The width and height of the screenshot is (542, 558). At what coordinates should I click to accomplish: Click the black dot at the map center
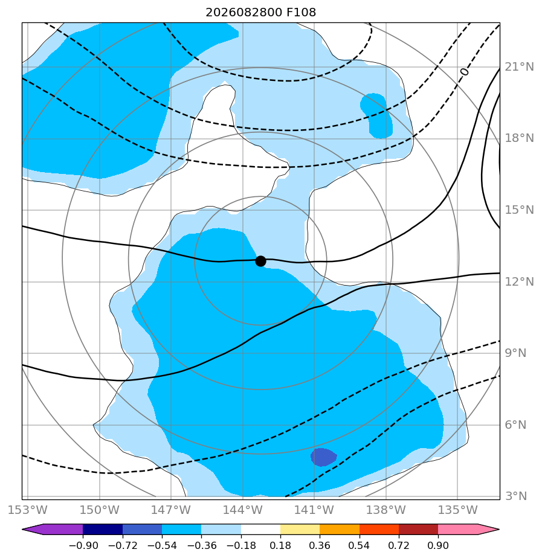pos(260,261)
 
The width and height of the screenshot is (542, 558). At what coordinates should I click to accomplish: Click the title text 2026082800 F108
pos(260,13)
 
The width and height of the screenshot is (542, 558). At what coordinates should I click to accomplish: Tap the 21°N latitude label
pos(519,67)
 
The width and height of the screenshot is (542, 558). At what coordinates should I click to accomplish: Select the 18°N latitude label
pos(519,138)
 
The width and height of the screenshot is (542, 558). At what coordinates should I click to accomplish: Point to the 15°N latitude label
pos(519,210)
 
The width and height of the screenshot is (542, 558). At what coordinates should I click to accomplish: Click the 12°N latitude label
pos(519,282)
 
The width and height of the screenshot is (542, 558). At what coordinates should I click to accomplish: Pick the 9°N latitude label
pos(515,353)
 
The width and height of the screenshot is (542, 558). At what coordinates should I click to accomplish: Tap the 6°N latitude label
pos(515,425)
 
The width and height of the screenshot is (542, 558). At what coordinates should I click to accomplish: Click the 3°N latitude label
pos(515,496)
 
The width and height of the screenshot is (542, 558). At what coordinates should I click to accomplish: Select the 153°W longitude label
pos(28,510)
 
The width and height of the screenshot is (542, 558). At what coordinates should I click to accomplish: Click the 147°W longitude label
pos(171,510)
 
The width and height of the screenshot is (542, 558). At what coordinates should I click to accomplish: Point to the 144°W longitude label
pos(243,510)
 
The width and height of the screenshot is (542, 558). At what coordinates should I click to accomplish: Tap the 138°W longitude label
pos(386,510)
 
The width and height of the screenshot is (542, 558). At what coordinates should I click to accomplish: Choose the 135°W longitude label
pos(457,510)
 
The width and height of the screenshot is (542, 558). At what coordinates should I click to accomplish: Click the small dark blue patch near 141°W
pos(323,457)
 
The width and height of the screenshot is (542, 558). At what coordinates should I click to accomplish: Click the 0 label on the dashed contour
pos(464,72)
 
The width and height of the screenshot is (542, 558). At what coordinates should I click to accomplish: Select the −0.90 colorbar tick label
pos(83,545)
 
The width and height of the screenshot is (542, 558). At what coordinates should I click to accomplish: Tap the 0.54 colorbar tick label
pos(360,545)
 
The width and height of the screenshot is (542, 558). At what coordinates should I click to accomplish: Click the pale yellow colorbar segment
pos(300,530)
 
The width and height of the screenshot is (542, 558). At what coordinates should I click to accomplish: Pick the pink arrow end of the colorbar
pos(469,530)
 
